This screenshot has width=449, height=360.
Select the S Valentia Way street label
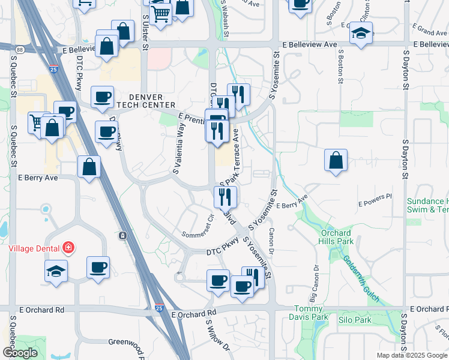(x=178, y=148)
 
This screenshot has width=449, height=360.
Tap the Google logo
(x=20, y=353)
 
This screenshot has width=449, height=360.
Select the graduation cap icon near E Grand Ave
(x=361, y=33)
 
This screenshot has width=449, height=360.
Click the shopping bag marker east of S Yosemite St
(x=336, y=160)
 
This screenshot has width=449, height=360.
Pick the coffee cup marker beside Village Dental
(x=98, y=268)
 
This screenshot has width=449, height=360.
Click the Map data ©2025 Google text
(x=412, y=355)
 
